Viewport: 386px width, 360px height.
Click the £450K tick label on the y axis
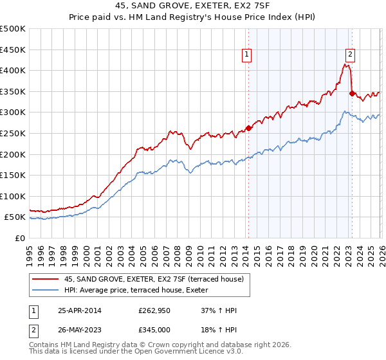tap(13, 50)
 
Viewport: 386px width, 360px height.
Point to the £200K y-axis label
tap(13, 154)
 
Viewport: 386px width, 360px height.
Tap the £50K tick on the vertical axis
tap(15, 217)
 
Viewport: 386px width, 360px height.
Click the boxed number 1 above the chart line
tap(248, 55)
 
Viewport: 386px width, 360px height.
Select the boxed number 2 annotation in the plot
tap(351, 55)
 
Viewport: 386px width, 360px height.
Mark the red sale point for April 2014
tap(249, 127)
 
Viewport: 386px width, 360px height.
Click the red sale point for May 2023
tap(352, 93)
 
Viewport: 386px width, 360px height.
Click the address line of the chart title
tap(193, 7)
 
